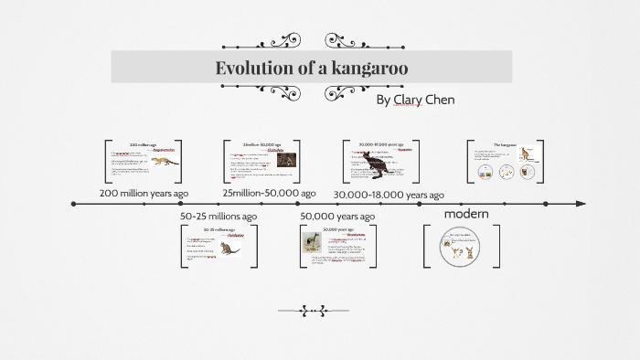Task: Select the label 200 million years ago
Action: click(144, 194)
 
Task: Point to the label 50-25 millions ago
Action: click(219, 216)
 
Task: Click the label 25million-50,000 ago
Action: click(269, 193)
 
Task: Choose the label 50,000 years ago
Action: click(337, 216)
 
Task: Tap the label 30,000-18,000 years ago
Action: click(389, 195)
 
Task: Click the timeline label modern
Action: click(466, 214)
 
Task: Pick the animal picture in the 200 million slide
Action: click(166, 163)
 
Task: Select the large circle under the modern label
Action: click(462, 248)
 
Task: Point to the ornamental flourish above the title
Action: click(274, 41)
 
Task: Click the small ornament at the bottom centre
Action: click(313, 311)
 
